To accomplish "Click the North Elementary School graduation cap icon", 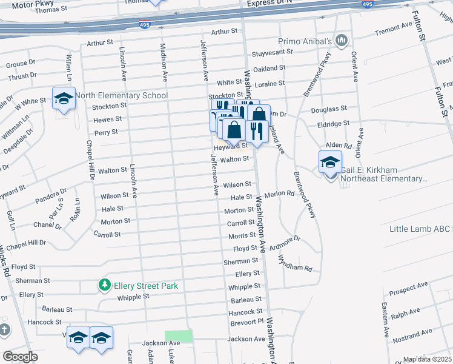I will click(63, 99).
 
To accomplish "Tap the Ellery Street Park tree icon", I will click(105, 285).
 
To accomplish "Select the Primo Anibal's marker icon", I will click(342, 41).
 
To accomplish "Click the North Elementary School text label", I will click(121, 95).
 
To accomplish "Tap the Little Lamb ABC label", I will click(420, 229).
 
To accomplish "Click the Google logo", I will click(20, 357).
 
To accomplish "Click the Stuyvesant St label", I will click(273, 52).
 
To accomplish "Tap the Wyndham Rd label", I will click(294, 264).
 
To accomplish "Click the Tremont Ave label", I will click(393, 29).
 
